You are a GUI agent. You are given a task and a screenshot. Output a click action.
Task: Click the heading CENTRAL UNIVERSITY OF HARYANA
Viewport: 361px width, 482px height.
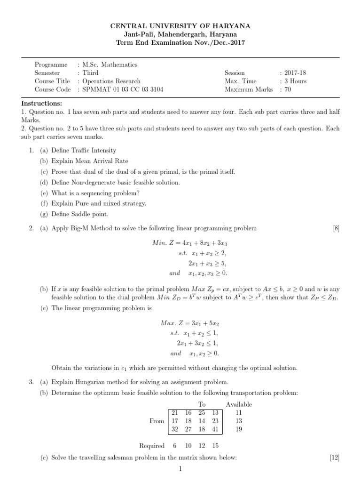[x=180, y=26]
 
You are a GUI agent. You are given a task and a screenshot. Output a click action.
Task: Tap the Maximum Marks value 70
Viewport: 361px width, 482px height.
[x=288, y=89]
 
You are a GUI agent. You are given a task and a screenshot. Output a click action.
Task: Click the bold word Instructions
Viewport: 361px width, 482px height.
[x=41, y=104]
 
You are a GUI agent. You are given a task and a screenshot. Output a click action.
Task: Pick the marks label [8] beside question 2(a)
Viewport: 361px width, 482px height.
[x=336, y=228]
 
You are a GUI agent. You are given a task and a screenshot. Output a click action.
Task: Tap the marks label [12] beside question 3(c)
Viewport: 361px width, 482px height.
[x=335, y=458]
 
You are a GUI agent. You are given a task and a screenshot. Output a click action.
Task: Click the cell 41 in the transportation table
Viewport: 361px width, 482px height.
[x=215, y=429]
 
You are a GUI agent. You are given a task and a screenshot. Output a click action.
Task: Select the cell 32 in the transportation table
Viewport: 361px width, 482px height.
[x=174, y=429]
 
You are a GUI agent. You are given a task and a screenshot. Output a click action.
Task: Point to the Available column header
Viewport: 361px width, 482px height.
[x=239, y=404]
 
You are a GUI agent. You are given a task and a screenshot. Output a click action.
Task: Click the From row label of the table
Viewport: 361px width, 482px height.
[x=157, y=421]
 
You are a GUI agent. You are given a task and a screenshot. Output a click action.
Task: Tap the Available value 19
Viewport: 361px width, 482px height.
[x=238, y=429]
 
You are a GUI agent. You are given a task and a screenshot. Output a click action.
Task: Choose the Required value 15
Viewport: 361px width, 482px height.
[x=215, y=446]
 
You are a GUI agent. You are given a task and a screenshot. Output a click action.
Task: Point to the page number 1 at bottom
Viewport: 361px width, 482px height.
[x=180, y=469]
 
